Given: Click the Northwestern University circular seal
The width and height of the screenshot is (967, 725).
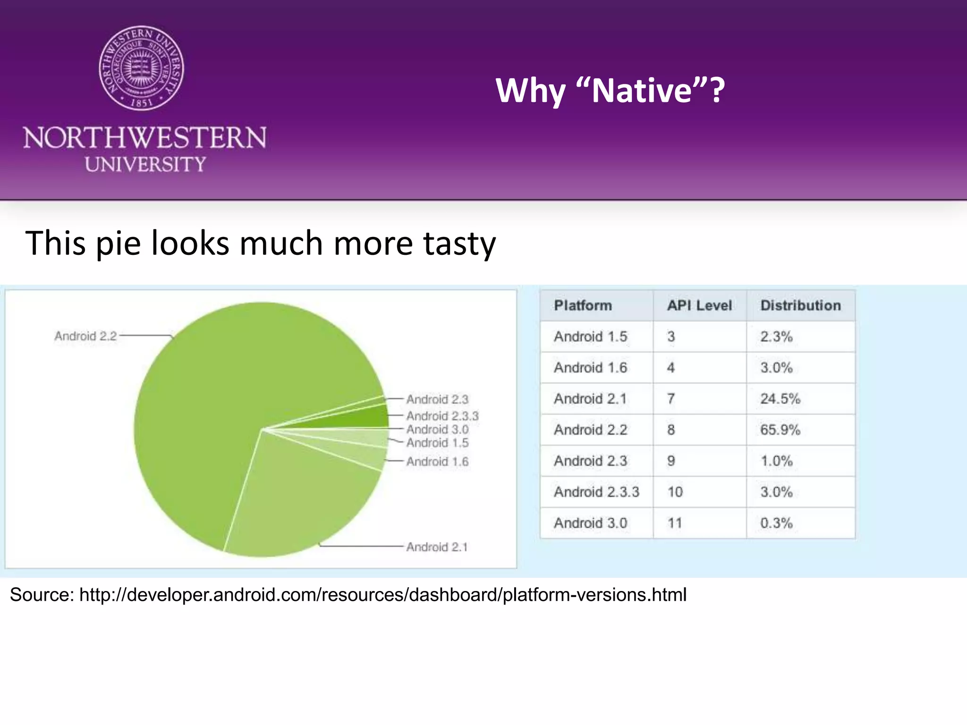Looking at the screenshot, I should tap(141, 68).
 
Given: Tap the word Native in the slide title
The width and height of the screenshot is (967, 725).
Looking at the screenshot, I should tap(642, 90).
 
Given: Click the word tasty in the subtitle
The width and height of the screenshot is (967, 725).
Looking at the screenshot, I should tap(459, 244).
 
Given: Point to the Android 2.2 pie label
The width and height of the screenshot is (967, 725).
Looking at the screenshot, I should tap(85, 336).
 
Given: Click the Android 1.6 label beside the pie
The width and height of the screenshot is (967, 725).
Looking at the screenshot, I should tap(437, 462).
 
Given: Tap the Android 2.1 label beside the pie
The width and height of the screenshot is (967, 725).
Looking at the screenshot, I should tap(437, 547).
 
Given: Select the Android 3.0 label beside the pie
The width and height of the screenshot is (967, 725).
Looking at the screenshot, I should tap(437, 430).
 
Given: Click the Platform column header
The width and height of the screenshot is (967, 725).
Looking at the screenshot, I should tap(583, 305).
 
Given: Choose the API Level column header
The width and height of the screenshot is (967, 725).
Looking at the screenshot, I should tap(699, 305).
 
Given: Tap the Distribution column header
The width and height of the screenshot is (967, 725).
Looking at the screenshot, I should tap(800, 305).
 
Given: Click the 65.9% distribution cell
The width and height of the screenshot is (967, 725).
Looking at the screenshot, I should tap(780, 430).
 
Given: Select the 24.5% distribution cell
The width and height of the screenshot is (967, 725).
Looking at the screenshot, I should tap(780, 399).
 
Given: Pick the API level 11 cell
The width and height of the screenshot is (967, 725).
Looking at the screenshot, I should tap(675, 523).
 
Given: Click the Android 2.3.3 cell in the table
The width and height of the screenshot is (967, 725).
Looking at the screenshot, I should tap(596, 492).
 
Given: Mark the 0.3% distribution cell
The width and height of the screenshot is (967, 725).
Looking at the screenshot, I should tap(776, 523).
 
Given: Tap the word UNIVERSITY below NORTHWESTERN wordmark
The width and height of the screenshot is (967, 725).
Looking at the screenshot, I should tap(145, 164).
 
